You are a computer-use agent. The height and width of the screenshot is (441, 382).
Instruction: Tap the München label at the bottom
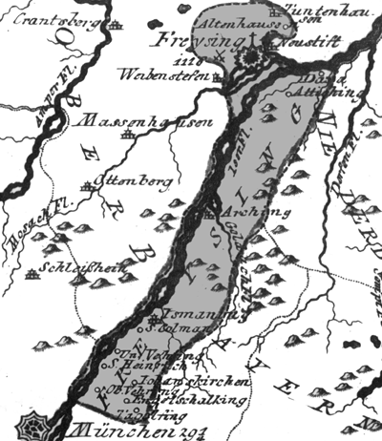click(133, 425)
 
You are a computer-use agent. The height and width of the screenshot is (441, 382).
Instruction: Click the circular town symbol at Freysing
click(253, 58)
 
